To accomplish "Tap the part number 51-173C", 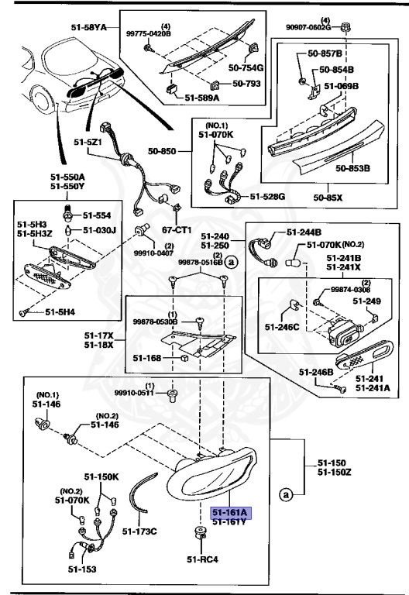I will coord(141,531).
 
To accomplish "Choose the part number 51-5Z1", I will coord(88,143).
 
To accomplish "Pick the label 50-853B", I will coord(352,167).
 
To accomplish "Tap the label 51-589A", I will coord(201,98).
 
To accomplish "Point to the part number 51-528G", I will coord(267,197).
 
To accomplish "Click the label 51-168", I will coord(146,358).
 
